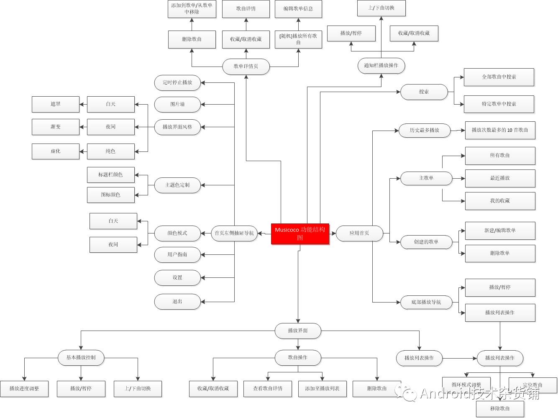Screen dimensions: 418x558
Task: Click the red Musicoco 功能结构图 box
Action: click(300, 233)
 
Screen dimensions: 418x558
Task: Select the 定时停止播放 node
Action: click(177, 82)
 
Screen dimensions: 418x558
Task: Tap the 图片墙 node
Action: click(177, 104)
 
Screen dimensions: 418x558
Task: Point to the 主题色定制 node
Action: click(177, 185)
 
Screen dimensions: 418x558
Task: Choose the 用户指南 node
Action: click(177, 254)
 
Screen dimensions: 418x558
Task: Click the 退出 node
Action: click(177, 301)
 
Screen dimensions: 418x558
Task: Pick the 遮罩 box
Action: click(56, 104)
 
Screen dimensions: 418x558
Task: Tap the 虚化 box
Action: click(56, 151)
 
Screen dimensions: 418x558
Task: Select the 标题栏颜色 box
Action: click(111, 174)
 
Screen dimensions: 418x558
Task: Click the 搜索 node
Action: click(424, 92)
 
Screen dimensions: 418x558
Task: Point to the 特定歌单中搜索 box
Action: click(499, 104)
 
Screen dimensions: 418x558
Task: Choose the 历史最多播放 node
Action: click(424, 130)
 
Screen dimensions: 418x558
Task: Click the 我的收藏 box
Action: click(500, 201)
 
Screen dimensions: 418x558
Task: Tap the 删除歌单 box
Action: click(500, 253)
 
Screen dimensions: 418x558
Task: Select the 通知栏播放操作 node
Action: click(381, 66)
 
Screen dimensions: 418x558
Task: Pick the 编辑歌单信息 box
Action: click(298, 9)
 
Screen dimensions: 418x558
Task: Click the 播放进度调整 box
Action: click(24, 388)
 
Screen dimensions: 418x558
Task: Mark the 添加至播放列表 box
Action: click(322, 388)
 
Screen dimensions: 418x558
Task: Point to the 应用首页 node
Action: click(359, 233)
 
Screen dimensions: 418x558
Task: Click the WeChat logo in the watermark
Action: click(407, 392)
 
